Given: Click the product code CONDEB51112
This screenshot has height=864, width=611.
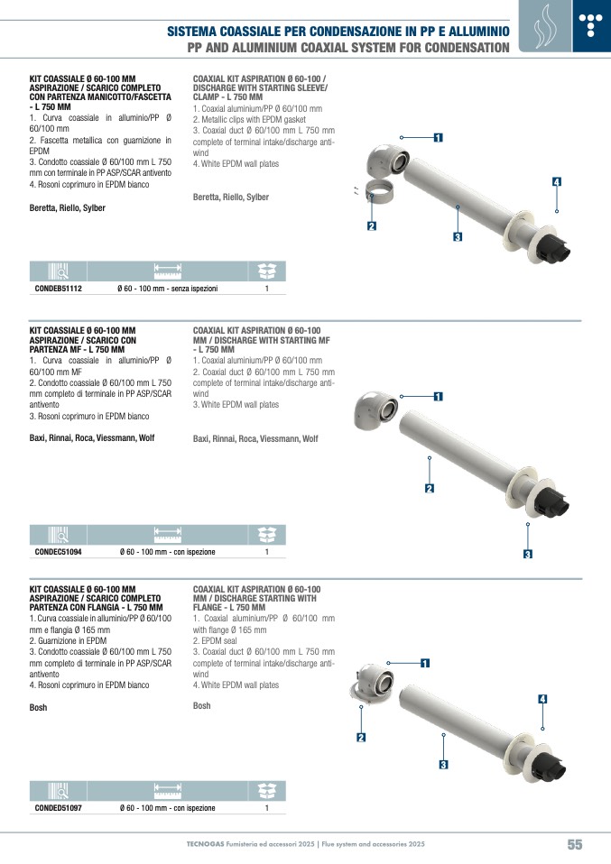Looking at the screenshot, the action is tap(59, 289).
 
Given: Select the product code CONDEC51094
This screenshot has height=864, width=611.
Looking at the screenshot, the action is tap(58, 552).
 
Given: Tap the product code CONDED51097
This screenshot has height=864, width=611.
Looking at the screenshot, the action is tap(58, 808).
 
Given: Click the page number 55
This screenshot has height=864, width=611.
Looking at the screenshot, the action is tap(575, 844).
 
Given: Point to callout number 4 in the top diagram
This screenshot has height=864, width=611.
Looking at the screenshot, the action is tap(557, 182).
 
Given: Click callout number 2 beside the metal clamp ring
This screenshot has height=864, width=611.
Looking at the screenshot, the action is tap(372, 225).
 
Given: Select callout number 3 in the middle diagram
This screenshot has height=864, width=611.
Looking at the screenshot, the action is tap(528, 555).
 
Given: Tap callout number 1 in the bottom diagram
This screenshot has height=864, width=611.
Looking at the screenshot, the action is tap(425, 663).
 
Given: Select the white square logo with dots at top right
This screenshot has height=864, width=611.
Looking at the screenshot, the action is tap(591, 26).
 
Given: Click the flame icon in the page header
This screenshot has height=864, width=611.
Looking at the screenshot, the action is tap(545, 26).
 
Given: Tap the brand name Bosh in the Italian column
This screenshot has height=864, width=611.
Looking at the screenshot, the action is tap(38, 707).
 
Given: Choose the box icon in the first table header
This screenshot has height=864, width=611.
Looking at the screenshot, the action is tap(267, 271).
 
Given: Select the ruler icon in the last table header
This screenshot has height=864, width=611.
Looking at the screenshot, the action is tap(168, 791).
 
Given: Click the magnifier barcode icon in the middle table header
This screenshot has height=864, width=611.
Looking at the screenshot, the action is tap(58, 535).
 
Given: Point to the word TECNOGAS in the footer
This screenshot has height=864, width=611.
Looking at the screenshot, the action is tap(205, 844).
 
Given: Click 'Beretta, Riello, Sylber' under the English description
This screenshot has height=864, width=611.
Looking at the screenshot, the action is tap(230, 197).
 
